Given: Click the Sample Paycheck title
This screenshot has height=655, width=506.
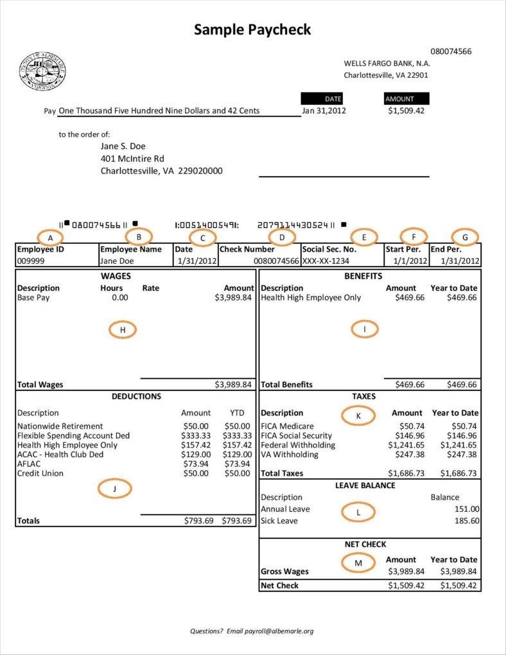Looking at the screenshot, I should pos(252,29).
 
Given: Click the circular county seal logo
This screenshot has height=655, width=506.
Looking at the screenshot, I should pos(42,70).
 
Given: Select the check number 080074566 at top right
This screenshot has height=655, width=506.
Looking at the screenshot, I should pos(451,51).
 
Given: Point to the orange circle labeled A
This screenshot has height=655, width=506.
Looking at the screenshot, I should pos(50,237).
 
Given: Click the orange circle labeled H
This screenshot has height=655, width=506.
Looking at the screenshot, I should pos(123,329).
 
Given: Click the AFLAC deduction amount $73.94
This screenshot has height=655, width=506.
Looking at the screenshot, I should pos(196,464).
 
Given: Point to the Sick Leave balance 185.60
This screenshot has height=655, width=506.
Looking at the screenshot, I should pos(466,521).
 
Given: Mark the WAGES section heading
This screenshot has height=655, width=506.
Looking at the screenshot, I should pos(134,276).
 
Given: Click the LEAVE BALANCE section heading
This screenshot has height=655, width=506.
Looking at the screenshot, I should pos(365,485).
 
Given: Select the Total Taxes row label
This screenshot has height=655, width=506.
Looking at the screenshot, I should pos(282,473).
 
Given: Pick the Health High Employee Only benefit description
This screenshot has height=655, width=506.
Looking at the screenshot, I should pos(311,297).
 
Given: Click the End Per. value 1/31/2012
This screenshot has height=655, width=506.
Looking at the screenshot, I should pos(455,261).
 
